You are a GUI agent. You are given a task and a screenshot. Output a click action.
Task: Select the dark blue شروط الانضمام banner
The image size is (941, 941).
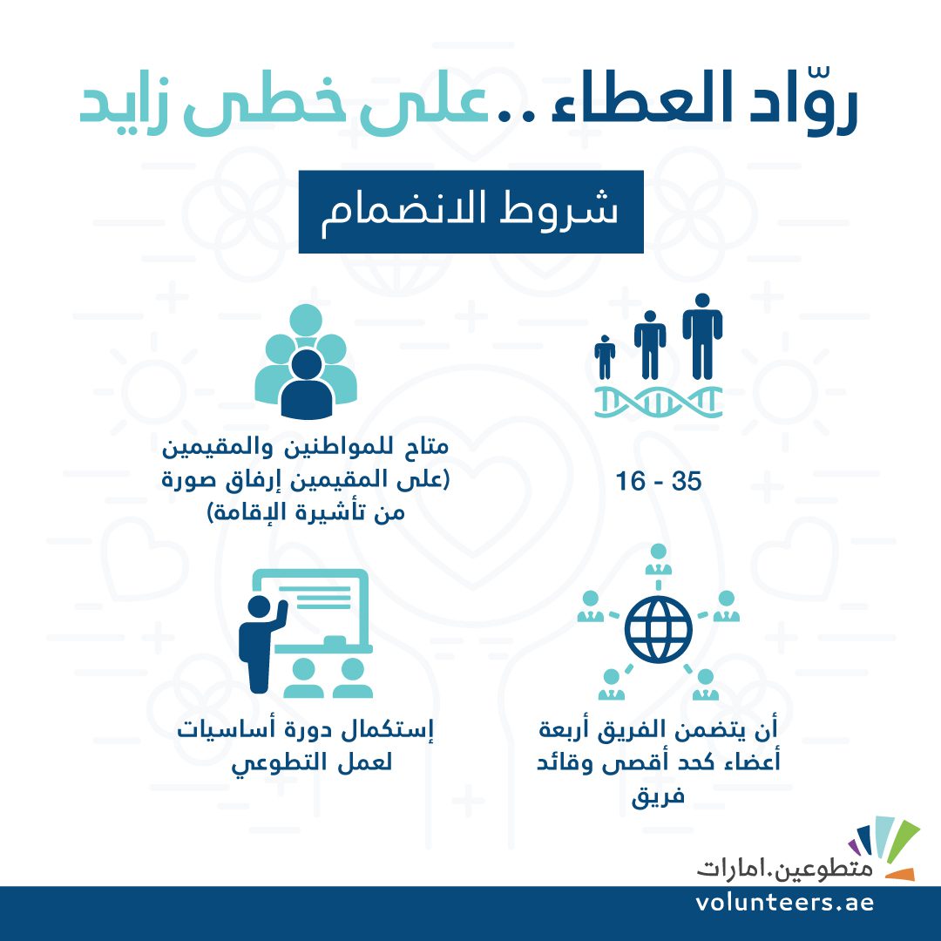(471, 212)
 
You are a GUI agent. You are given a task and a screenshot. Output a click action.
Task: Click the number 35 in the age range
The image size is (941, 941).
(687, 481)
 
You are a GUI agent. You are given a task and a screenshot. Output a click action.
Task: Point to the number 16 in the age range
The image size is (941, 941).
(630, 481)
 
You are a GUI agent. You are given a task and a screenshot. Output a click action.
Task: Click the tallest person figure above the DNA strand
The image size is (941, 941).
(702, 336)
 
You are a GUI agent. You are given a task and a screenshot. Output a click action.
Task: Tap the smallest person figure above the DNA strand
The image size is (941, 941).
(605, 357)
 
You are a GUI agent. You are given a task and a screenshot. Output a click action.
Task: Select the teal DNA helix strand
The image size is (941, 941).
(658, 402)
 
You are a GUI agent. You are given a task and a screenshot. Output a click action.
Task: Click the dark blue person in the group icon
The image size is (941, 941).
(307, 384)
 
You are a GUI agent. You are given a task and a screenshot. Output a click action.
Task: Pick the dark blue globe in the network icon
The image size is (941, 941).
(659, 630)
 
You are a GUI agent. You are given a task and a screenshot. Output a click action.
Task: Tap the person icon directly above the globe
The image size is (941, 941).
(659, 559)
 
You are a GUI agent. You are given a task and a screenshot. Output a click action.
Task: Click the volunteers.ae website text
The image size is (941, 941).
(785, 904)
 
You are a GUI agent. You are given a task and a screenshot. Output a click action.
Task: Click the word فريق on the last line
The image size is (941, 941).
(658, 797)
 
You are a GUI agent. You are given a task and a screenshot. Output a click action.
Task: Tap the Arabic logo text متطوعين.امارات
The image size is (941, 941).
(785, 869)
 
